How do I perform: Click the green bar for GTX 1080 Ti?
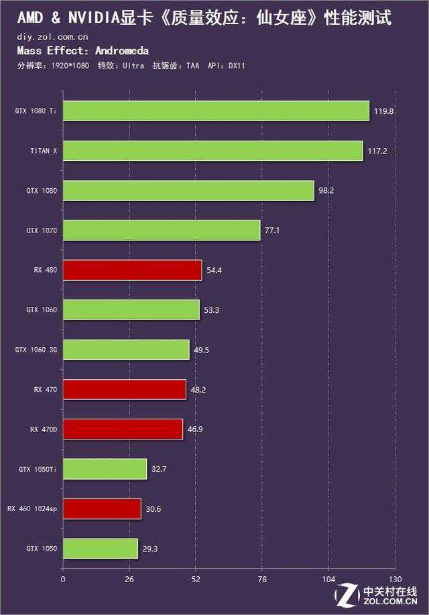tap(216, 111)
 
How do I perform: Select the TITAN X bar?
tap(212, 151)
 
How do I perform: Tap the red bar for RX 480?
tap(132, 270)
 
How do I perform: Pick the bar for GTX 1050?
tap(100, 549)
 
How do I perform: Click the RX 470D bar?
tap(123, 429)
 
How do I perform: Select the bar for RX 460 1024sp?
tap(102, 509)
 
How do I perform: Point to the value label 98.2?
tap(326, 190)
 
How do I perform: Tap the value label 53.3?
tap(212, 310)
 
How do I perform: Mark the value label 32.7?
tap(159, 469)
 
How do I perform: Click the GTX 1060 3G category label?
tap(36, 350)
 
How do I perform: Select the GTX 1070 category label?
tap(42, 230)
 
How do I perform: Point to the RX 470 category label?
tap(46, 389)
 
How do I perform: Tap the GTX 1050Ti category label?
tap(38, 470)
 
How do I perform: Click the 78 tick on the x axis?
tap(262, 579)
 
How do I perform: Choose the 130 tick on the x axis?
tap(395, 579)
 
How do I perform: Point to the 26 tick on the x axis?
tap(129, 579)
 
